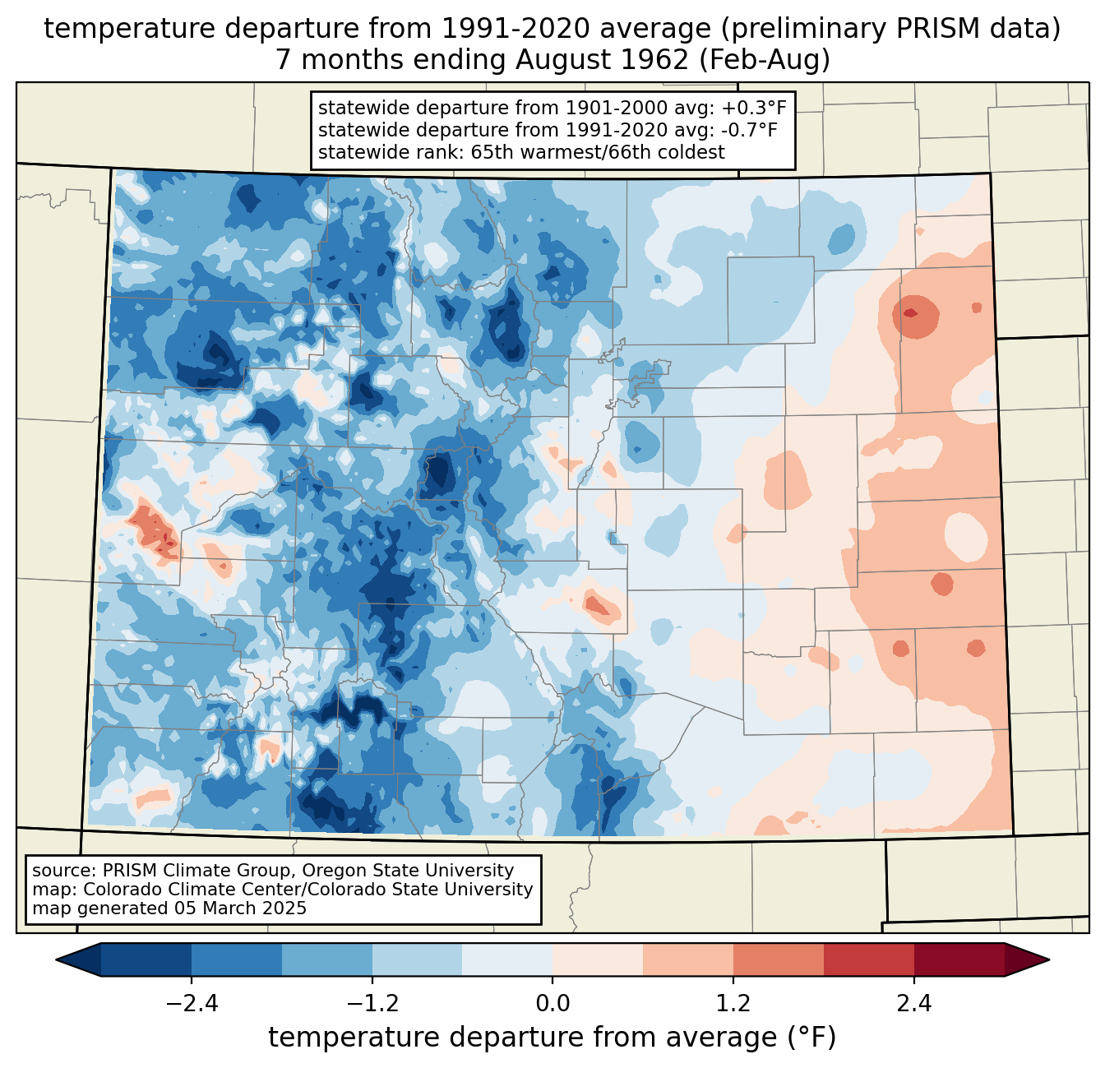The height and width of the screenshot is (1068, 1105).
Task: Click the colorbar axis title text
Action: click(552, 1038)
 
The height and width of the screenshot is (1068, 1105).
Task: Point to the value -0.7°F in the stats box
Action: click(746, 130)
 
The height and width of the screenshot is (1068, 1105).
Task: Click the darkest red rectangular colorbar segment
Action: click(959, 959)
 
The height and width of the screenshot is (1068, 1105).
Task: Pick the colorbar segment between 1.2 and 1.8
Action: click(778, 959)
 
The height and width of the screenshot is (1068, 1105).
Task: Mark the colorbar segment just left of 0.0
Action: click(507, 959)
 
